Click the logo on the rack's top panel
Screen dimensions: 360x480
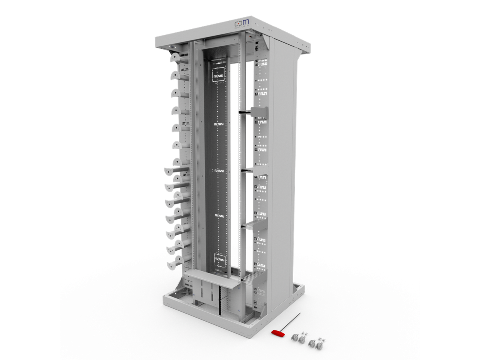click(x=241, y=23)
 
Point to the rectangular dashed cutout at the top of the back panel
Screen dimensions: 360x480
click(x=218, y=74)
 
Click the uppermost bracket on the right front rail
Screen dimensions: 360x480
click(x=258, y=113)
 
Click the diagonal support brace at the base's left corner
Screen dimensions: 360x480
click(x=177, y=287)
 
